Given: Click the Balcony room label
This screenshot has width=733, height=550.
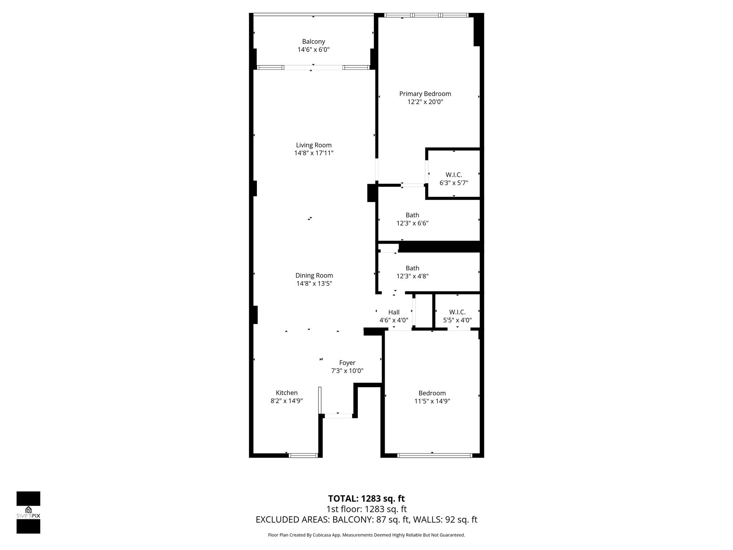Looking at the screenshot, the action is [314, 42].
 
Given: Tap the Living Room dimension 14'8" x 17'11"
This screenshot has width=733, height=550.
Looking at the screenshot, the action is [314, 153].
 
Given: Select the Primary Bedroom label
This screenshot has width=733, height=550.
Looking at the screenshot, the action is [425, 94].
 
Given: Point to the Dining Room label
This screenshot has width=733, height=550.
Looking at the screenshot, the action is [314, 275].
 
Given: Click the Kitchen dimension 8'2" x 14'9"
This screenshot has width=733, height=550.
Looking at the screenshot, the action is [287, 401].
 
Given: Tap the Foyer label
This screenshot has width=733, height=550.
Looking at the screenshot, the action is [347, 363].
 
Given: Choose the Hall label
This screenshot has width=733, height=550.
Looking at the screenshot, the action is [394, 312].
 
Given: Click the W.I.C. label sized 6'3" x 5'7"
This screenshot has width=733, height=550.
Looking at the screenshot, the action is [454, 175].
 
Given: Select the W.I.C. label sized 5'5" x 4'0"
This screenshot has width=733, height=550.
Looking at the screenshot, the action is [457, 312].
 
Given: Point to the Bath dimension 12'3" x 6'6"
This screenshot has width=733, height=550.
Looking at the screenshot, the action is [412, 223].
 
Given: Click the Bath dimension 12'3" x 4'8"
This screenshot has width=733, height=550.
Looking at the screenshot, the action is [412, 276].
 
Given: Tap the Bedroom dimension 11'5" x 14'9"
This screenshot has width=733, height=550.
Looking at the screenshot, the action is [432, 401].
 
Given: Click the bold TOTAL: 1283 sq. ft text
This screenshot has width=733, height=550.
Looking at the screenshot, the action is [366, 498].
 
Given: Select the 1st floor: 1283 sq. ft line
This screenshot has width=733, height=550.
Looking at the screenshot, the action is [366, 509].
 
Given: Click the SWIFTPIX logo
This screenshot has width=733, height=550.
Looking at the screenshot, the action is [28, 512].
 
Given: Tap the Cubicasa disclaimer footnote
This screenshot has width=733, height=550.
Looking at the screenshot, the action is [366, 535].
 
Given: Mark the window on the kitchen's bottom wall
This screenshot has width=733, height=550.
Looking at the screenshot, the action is [303, 455].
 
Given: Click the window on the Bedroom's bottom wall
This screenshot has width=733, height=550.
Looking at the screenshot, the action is [435, 455].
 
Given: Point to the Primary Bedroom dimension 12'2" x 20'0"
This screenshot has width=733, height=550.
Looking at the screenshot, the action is [425, 102].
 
